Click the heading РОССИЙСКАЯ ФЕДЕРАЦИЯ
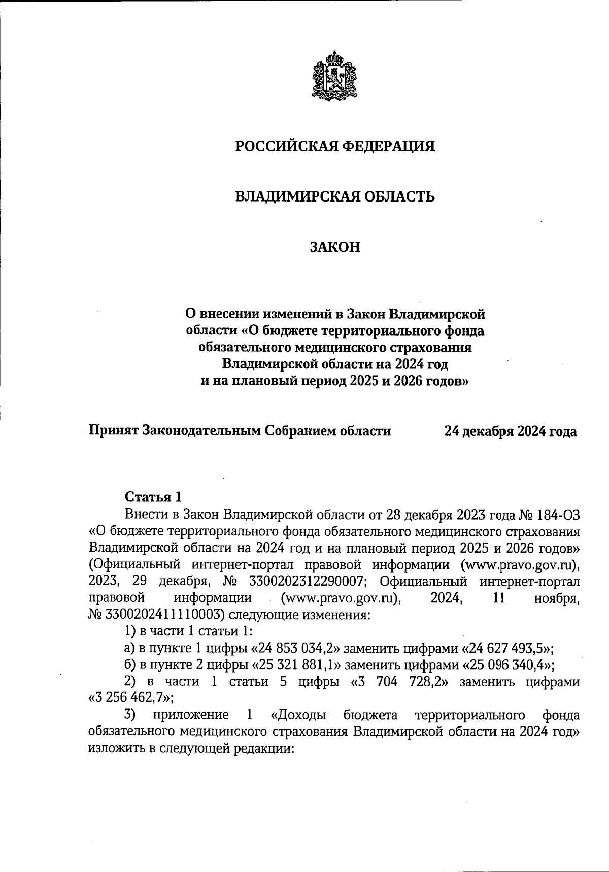335,146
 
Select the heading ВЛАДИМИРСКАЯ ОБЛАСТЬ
335,197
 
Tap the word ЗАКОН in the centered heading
335,247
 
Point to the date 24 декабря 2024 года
511,431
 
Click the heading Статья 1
153,496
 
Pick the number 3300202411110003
164,615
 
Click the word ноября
557,598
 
